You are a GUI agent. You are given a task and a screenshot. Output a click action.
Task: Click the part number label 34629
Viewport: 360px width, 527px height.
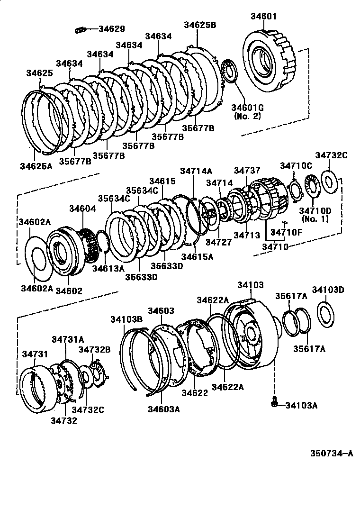click(x=112, y=29)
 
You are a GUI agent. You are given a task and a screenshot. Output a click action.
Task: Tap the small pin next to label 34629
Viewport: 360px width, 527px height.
click(x=80, y=31)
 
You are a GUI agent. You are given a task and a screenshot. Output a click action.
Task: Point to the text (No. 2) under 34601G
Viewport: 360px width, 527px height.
click(x=247, y=116)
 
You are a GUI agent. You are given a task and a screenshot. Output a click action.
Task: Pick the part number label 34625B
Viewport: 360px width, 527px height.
click(x=200, y=25)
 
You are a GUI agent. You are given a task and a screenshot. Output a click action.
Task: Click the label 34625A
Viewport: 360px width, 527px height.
click(x=36, y=165)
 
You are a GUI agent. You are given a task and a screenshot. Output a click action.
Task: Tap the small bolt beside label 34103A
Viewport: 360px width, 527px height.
click(x=274, y=403)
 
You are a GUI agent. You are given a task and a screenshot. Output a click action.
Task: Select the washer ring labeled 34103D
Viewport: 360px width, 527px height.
click(x=326, y=314)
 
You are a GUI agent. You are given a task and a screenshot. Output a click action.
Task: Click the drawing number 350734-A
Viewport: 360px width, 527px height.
click(x=332, y=454)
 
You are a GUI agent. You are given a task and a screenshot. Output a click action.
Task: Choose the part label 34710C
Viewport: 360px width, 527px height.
click(x=296, y=165)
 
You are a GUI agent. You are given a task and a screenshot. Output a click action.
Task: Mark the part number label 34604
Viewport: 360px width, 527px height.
click(x=82, y=209)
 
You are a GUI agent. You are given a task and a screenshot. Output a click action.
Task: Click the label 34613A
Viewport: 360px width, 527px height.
click(x=108, y=268)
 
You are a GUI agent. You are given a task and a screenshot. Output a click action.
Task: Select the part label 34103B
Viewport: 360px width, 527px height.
click(x=127, y=319)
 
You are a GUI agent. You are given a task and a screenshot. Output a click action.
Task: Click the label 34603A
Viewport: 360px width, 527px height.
click(x=163, y=409)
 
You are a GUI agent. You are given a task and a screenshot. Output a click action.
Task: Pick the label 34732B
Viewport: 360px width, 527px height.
click(x=95, y=349)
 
